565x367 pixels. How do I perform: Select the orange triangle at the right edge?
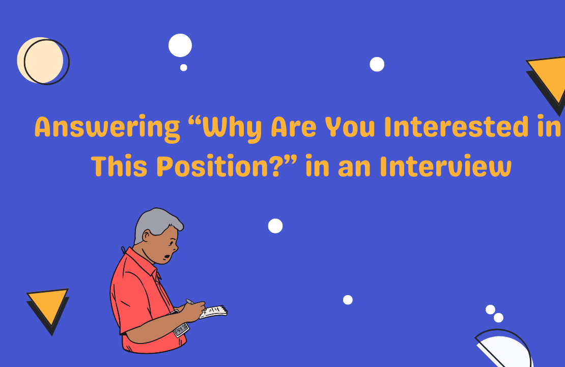click(x=550, y=76)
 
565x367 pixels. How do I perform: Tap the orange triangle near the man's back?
click(x=48, y=306)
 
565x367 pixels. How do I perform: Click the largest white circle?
click(x=180, y=45)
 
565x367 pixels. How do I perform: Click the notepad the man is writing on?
click(x=213, y=311)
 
